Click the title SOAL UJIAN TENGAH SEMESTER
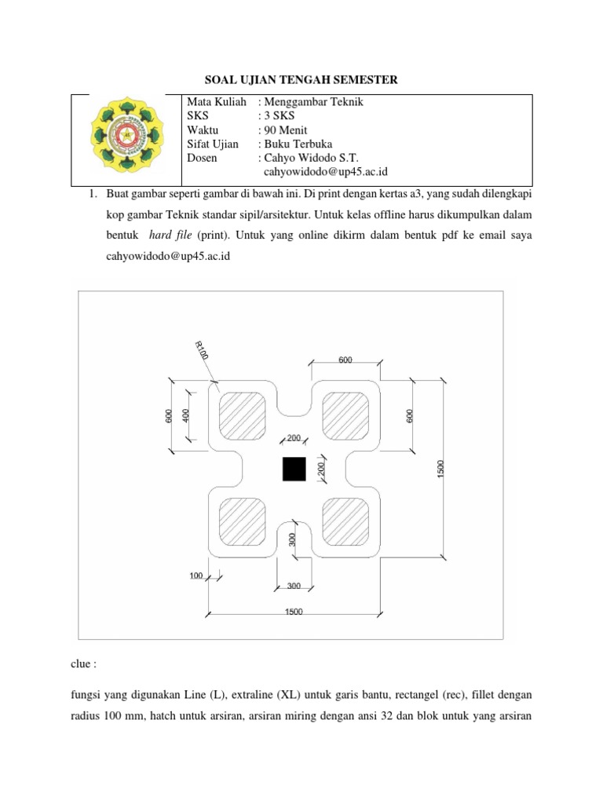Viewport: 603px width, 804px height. pyautogui.click(x=301, y=79)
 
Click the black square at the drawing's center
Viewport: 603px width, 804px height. pyautogui.click(x=294, y=469)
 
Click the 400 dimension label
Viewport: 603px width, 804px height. pyautogui.click(x=186, y=415)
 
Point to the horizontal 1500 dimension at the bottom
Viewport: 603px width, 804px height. pyautogui.click(x=294, y=612)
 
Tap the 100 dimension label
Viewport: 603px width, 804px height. pyautogui.click(x=196, y=576)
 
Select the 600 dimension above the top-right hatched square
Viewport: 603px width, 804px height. pyautogui.click(x=345, y=360)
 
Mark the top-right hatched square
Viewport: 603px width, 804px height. pyautogui.click(x=346, y=415)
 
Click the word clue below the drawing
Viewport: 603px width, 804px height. pyautogui.click(x=83, y=663)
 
